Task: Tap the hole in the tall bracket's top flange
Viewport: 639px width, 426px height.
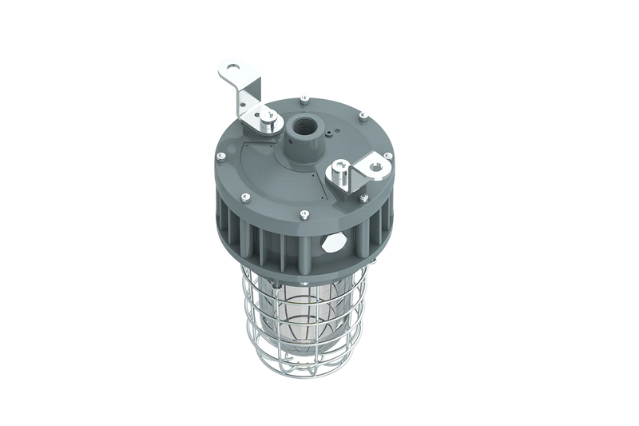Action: click(234, 67)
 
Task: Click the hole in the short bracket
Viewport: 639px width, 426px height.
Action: click(376, 167)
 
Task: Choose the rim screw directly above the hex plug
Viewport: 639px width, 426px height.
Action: click(305, 213)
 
